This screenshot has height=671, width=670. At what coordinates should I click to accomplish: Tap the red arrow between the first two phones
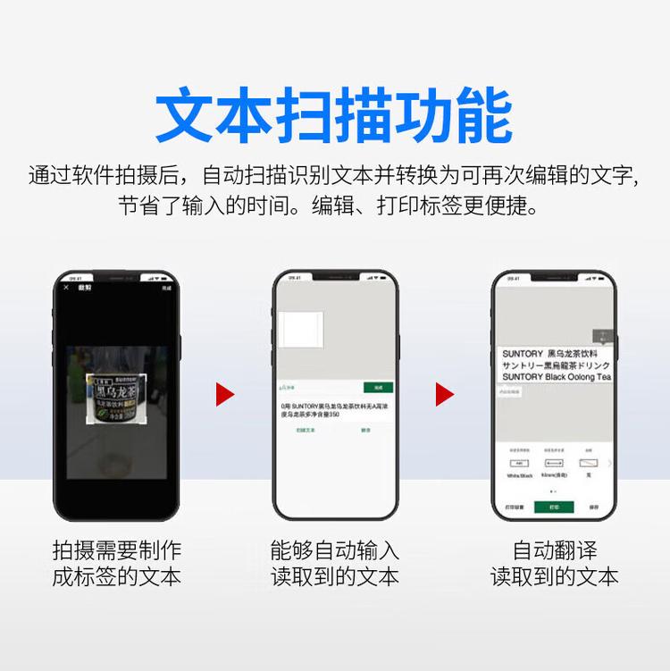coord(224,394)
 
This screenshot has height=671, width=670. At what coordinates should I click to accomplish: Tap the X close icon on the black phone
coord(66,287)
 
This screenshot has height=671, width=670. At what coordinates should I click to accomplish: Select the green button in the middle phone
coord(378,388)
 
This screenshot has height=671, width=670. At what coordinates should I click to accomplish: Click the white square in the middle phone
coord(301,330)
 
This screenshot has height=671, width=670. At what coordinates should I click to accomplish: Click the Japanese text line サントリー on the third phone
coord(556,365)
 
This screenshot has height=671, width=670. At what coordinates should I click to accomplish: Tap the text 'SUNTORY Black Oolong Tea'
coord(556,377)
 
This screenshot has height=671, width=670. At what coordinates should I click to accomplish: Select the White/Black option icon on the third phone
coord(519,464)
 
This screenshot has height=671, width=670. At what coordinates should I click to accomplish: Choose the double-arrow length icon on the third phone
coord(552,464)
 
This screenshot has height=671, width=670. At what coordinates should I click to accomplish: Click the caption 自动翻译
coord(555,550)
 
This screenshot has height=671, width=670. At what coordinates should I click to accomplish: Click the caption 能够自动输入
coord(335,550)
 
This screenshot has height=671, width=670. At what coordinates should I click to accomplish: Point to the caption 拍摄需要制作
coord(116,550)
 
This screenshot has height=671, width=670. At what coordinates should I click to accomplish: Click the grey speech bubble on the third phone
coord(602,336)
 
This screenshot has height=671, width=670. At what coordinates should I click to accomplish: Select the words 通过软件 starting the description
coord(67,173)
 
